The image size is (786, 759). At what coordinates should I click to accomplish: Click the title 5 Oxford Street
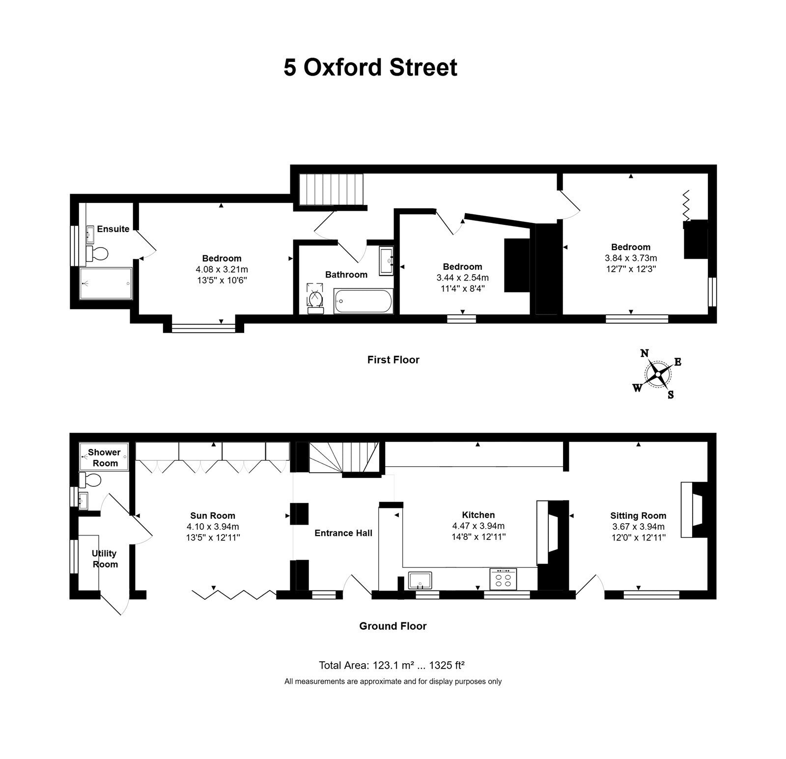tap(370, 67)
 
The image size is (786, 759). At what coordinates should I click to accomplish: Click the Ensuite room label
tap(113, 229)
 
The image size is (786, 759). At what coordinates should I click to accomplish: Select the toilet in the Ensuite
tap(97, 254)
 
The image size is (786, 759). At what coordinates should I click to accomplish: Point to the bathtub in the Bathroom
tap(364, 301)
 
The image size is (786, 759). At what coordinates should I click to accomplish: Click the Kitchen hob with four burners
tap(503, 579)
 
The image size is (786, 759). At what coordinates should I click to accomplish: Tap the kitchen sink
tap(420, 580)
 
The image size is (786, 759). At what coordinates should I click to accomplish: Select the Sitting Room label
tap(638, 516)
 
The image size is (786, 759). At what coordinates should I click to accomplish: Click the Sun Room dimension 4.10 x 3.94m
tap(213, 527)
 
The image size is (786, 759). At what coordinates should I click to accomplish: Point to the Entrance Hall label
tap(343, 533)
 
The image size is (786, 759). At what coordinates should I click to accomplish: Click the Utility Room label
tap(105, 559)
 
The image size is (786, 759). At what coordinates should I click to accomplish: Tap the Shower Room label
tap(105, 457)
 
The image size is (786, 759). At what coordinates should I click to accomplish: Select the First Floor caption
tap(393, 360)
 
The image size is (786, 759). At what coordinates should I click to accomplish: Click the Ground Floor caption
tap(393, 626)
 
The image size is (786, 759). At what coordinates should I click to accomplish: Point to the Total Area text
tap(392, 666)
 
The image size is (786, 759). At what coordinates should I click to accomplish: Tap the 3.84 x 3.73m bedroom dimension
tap(631, 258)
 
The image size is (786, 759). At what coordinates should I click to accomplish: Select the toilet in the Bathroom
tap(314, 298)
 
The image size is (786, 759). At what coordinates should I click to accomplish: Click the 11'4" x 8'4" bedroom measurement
tap(462, 288)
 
